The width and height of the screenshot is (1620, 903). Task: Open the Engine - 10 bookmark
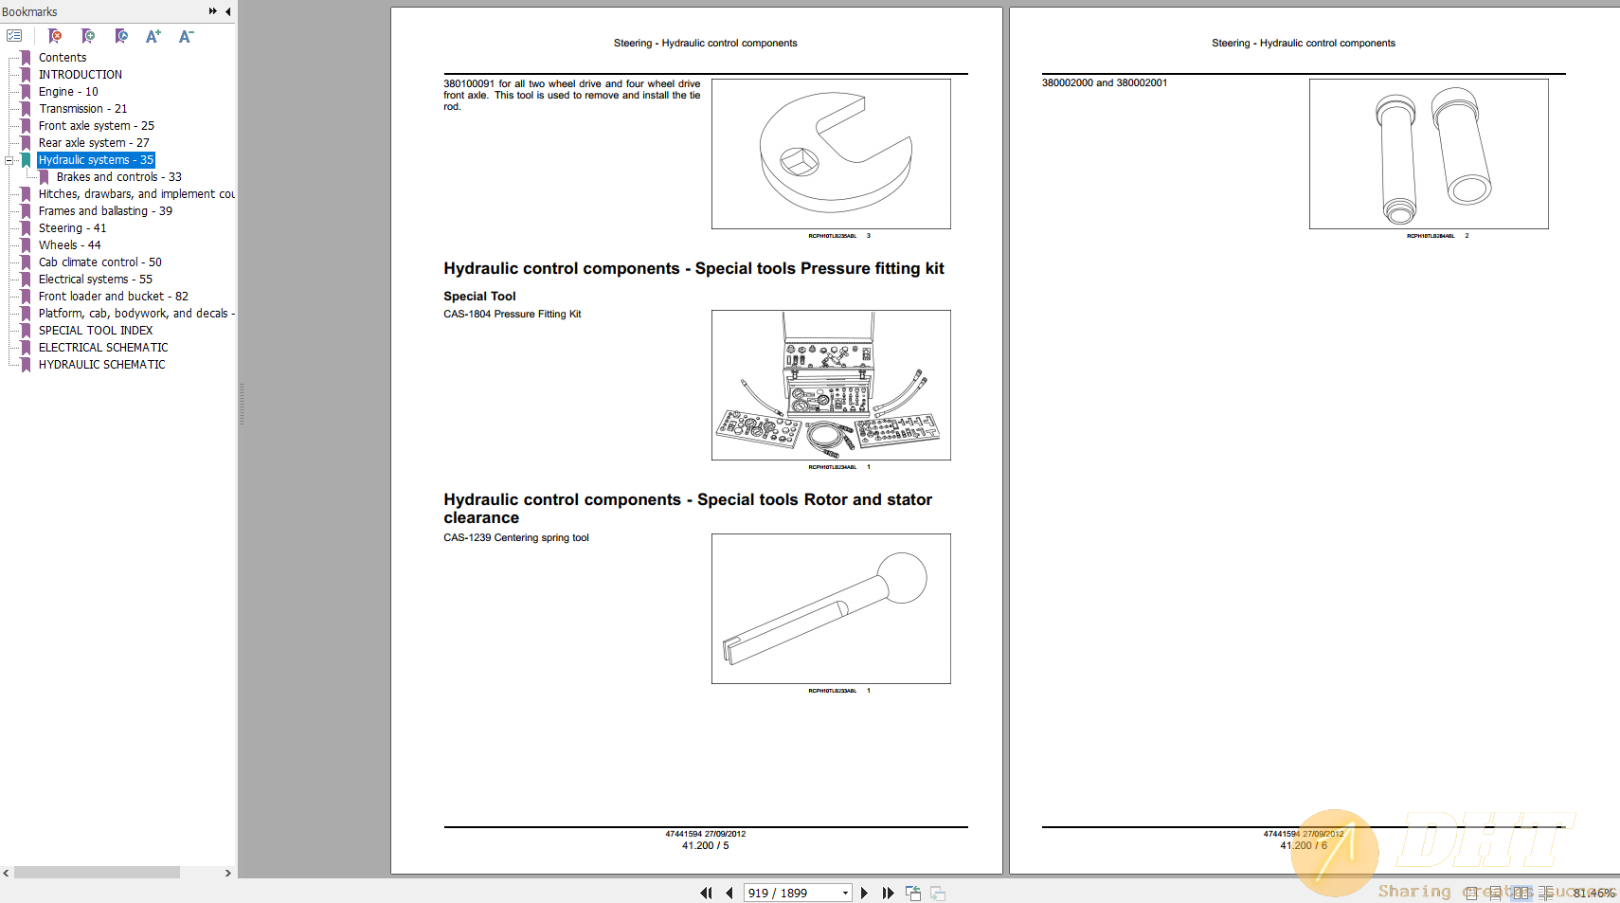point(68,92)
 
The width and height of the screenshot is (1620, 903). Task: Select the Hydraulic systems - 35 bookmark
point(96,160)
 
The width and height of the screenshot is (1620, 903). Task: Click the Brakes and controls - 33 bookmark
point(118,177)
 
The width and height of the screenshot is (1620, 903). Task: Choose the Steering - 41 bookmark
point(72,228)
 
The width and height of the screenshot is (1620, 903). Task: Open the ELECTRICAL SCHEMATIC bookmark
point(103,348)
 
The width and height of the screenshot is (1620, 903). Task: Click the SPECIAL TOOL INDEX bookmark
point(96,331)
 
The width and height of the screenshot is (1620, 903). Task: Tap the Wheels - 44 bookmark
point(69,245)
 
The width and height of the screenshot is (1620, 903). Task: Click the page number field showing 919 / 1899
point(791,893)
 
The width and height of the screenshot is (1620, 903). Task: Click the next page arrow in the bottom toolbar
point(864,893)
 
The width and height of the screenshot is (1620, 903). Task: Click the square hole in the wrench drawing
point(799,161)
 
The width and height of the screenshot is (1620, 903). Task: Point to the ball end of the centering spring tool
point(902,577)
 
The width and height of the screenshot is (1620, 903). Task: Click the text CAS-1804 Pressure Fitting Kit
point(513,314)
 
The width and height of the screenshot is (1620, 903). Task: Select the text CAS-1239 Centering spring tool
point(516,537)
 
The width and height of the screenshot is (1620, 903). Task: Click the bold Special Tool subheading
point(479,297)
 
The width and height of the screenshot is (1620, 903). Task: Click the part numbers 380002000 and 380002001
point(1105,83)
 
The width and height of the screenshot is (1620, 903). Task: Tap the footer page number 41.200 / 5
point(706,845)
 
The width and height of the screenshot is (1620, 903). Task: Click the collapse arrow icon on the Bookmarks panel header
point(227,11)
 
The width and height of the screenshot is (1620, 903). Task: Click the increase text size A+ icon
point(153,36)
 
